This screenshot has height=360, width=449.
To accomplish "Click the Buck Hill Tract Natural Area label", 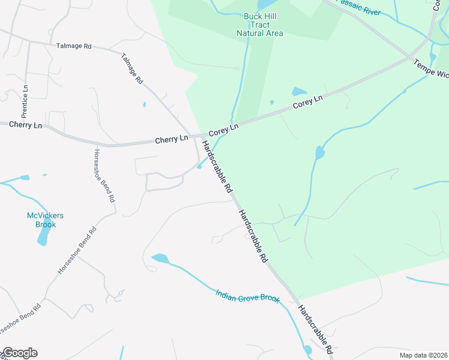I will click(x=260, y=25).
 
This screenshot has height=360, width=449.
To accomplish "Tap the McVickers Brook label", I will click(x=46, y=220).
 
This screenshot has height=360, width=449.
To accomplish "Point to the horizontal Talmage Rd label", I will click(x=73, y=46).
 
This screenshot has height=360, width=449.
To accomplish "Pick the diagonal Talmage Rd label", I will click(x=132, y=68).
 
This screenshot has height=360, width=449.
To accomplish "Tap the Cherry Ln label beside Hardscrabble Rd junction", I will click(x=172, y=139).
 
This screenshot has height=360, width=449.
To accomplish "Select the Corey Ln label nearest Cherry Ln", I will click(x=223, y=129).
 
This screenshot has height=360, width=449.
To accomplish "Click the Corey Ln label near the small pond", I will click(x=308, y=102).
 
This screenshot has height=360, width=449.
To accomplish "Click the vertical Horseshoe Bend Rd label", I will click(x=104, y=176).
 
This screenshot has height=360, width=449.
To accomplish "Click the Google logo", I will click(x=20, y=353).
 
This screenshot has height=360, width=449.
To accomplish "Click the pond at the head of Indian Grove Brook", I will click(x=160, y=259).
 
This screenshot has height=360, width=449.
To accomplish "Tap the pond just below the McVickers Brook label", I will click(x=43, y=237).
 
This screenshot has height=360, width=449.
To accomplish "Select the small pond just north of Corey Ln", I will click(x=298, y=92).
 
